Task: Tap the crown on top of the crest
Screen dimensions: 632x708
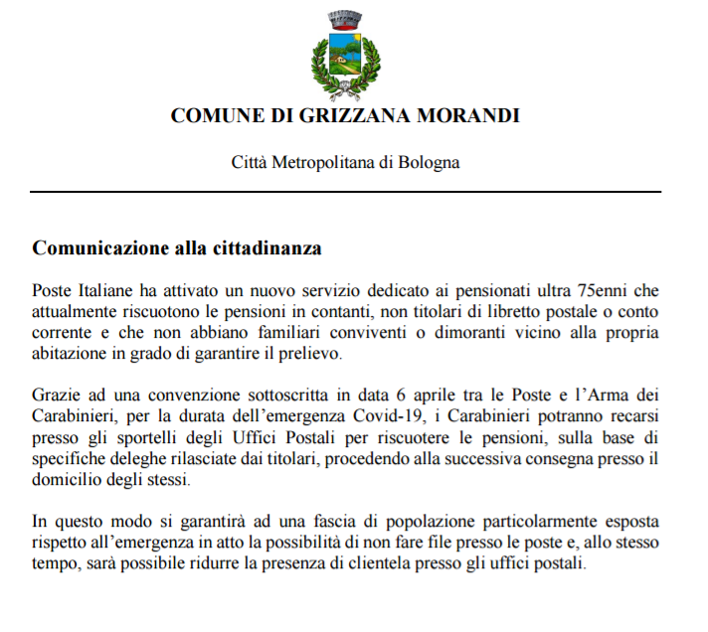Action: (x=345, y=18)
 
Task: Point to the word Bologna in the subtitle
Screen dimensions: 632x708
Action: (x=431, y=161)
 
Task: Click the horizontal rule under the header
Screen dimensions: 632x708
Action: (x=345, y=191)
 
